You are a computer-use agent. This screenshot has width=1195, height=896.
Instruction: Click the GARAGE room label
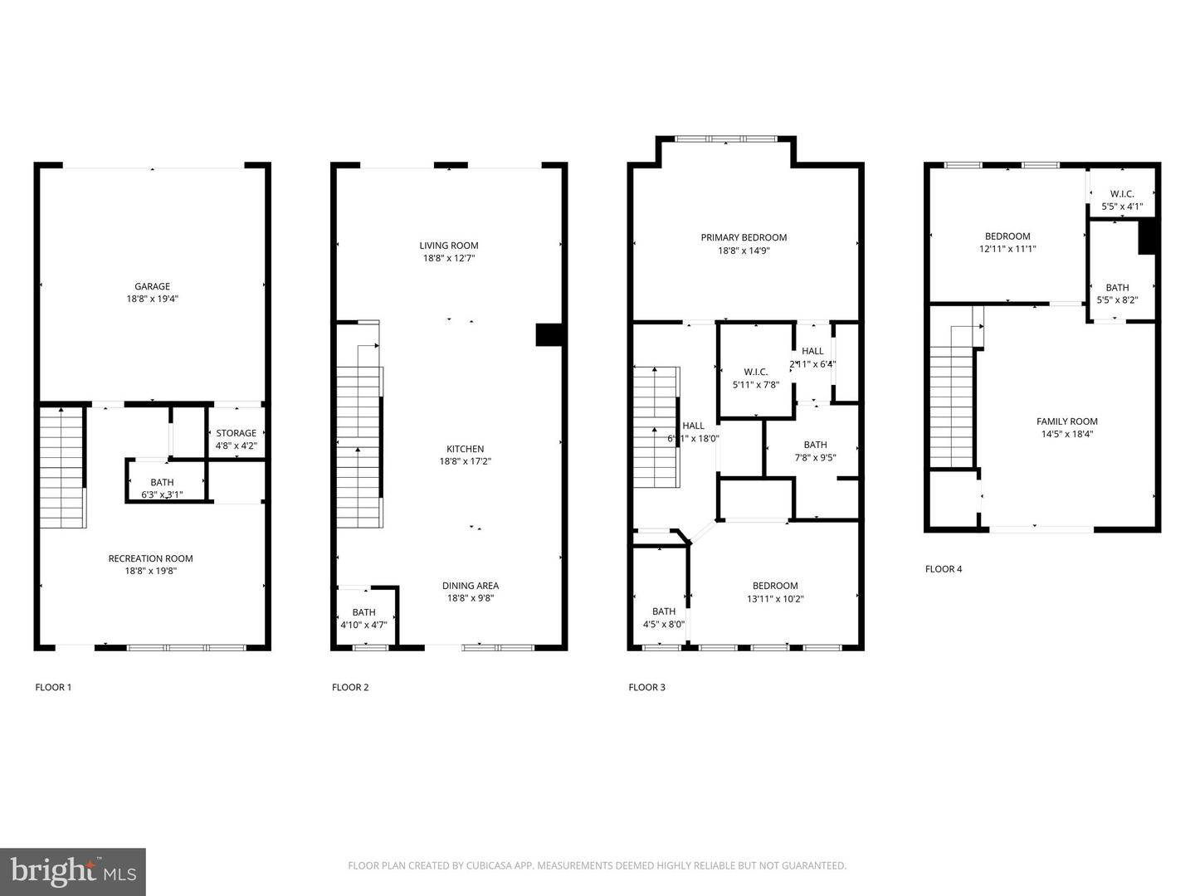tap(153, 286)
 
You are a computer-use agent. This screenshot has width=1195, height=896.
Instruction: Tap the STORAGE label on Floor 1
tap(237, 433)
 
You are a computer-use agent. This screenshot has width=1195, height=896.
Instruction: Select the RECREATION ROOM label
tap(150, 558)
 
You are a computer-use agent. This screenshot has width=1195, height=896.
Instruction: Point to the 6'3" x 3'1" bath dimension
tap(162, 495)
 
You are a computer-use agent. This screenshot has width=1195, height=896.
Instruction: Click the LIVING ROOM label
tap(449, 246)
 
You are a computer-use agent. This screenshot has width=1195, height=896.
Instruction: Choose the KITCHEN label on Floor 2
tap(465, 449)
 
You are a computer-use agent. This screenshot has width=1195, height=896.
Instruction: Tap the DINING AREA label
tap(471, 586)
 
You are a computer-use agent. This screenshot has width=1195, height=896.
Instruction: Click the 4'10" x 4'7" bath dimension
tap(363, 626)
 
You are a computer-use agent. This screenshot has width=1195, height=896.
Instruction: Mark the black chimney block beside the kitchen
tap(549, 334)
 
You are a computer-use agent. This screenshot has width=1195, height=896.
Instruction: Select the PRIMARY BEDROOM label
tap(744, 237)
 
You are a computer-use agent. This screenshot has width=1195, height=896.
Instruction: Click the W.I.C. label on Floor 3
tap(756, 372)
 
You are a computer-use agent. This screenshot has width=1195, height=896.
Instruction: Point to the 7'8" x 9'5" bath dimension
tap(815, 457)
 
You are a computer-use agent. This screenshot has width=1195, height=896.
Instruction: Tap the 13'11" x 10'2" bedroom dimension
tap(775, 599)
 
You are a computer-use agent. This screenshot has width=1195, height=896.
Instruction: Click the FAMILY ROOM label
tap(1067, 421)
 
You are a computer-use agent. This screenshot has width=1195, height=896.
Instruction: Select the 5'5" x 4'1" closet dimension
tap(1122, 207)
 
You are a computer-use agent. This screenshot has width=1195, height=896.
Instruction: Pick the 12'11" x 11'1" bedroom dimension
tap(1007, 249)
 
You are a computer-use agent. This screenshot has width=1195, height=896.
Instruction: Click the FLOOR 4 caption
tap(944, 569)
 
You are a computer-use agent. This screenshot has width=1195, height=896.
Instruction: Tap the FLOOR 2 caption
tap(350, 687)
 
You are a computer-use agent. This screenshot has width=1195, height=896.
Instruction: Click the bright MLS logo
tap(73, 871)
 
